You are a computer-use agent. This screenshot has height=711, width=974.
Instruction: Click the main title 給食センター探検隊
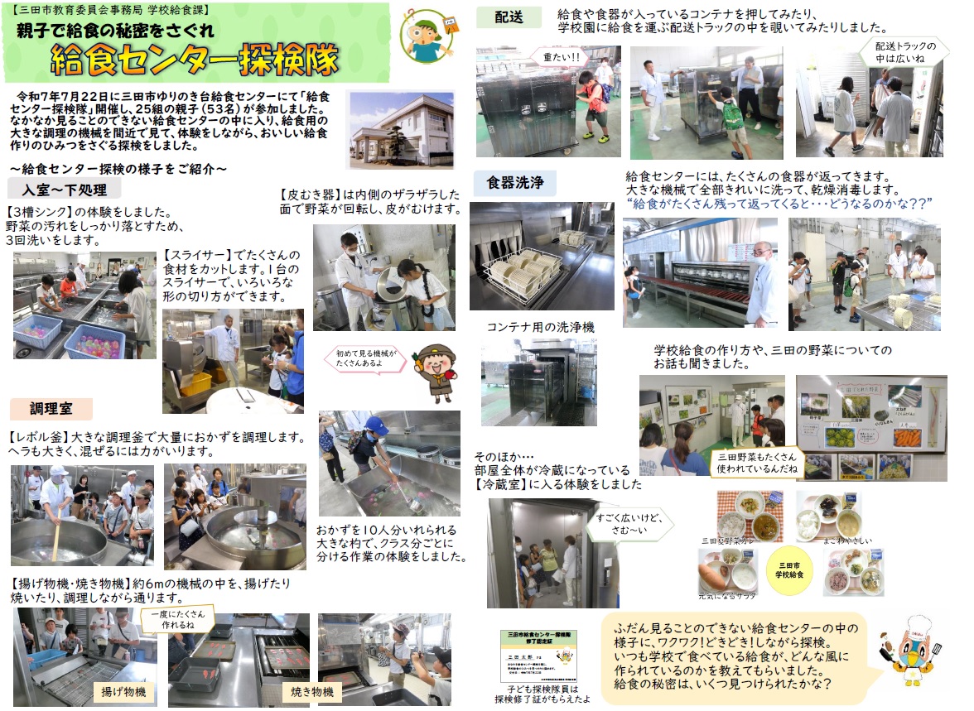click(x=194, y=60)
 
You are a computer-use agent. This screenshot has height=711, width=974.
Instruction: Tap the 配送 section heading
click(x=508, y=17)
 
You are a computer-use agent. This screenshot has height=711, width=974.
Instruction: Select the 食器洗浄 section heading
click(x=514, y=184)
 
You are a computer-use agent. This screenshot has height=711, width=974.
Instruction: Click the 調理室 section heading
click(x=51, y=409)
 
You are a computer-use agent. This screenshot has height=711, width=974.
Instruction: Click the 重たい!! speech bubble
click(x=561, y=58)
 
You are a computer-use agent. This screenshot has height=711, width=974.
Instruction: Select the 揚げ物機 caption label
click(x=123, y=691)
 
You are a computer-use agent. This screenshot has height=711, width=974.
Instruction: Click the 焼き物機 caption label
click(x=312, y=691)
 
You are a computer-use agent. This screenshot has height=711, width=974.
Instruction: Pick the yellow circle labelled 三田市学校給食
click(x=788, y=570)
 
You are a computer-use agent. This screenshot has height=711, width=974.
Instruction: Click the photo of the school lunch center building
click(x=402, y=128)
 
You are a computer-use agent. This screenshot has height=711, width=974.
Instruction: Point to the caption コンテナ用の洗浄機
click(x=540, y=327)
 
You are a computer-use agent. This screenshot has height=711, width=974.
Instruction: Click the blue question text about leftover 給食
click(x=779, y=203)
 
